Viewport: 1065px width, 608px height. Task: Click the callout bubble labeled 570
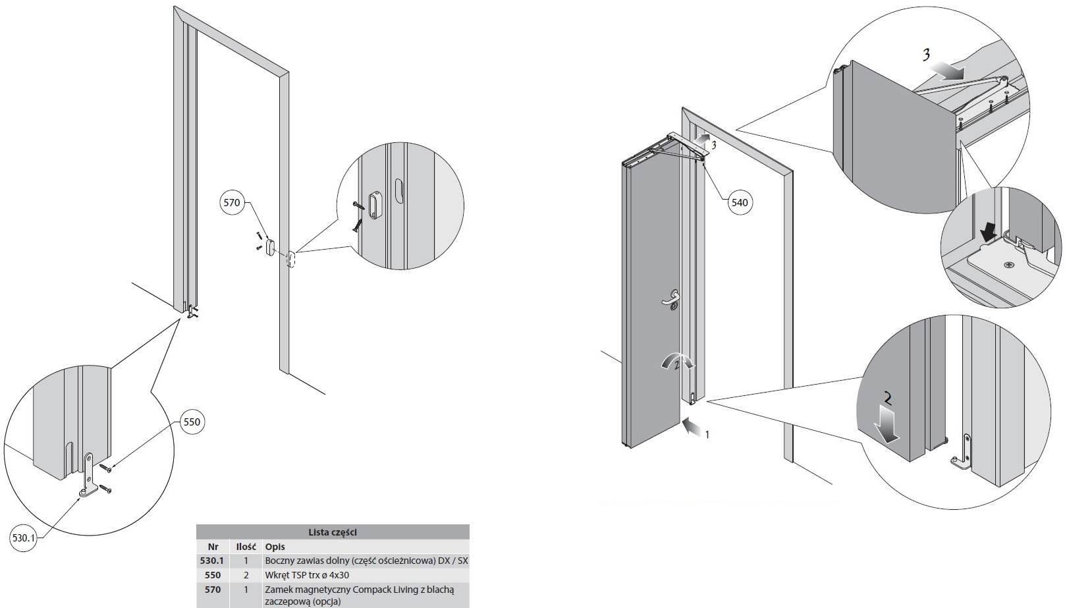(232, 202)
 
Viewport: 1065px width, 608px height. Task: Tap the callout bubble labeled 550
(192, 422)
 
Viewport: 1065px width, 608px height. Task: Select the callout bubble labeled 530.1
(23, 538)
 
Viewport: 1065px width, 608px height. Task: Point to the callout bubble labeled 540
(740, 202)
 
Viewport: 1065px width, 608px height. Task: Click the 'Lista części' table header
(333, 532)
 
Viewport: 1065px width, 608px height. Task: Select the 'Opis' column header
(275, 547)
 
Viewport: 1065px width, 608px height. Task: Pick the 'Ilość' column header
(246, 547)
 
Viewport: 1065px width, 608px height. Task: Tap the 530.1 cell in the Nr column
(212, 561)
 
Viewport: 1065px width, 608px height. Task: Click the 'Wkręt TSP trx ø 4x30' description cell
(307, 575)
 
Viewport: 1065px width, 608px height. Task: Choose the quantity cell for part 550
(246, 575)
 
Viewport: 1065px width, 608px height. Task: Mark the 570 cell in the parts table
(213, 590)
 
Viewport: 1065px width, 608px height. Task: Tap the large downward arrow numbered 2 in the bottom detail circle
(888, 423)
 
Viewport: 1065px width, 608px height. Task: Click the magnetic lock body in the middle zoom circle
(375, 205)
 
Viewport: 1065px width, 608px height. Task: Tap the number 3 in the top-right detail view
(926, 55)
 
